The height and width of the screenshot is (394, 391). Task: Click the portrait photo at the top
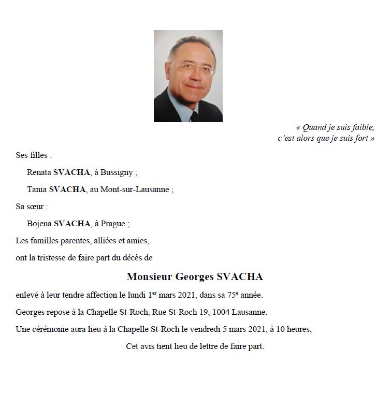(x=188, y=76)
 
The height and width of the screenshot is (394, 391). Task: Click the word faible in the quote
(x=361, y=127)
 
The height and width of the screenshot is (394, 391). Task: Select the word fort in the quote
(x=363, y=138)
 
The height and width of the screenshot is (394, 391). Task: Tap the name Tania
(x=37, y=189)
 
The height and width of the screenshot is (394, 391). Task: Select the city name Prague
(x=115, y=224)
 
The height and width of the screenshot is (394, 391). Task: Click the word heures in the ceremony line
(x=297, y=329)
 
